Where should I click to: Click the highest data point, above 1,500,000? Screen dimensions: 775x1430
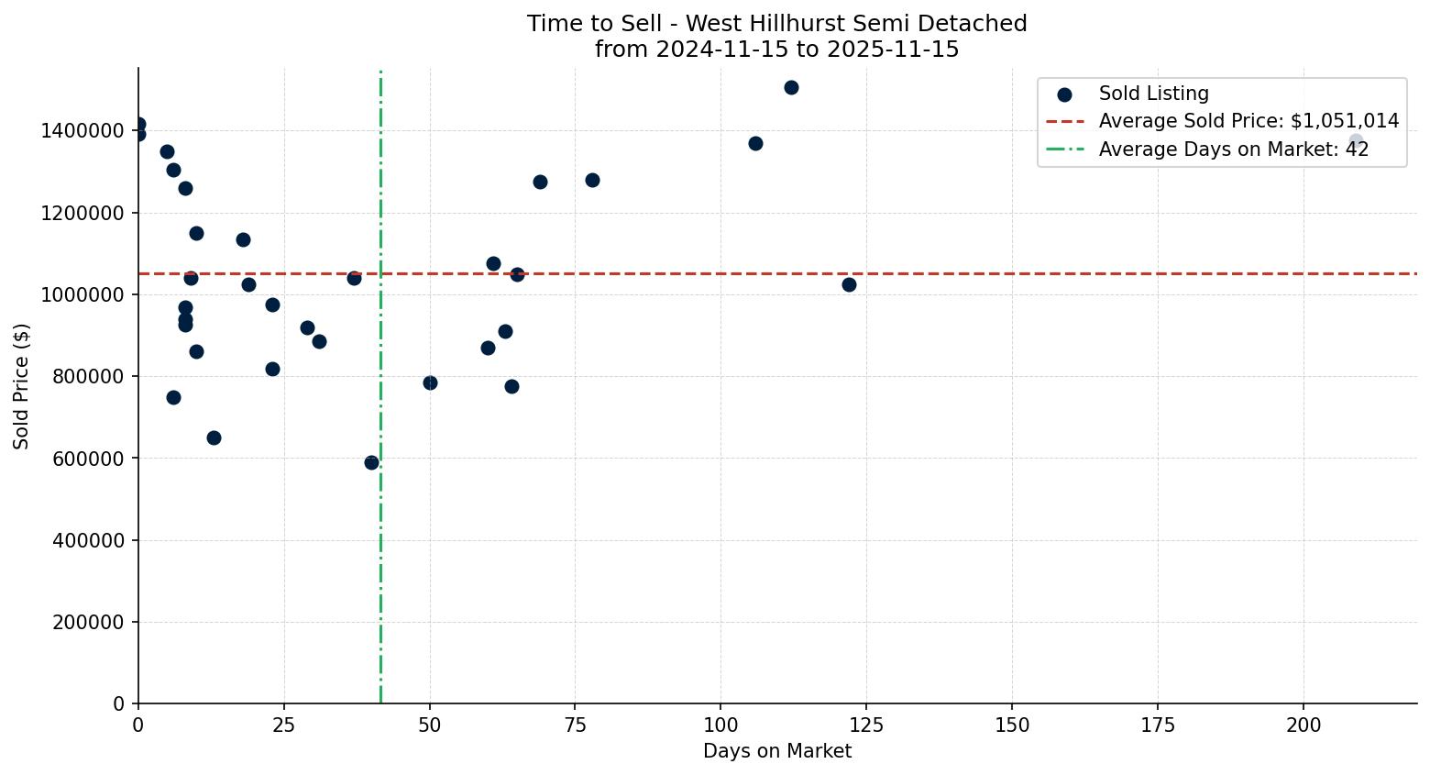click(791, 88)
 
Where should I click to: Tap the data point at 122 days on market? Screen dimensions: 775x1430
click(849, 284)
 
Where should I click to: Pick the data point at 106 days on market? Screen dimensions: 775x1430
click(755, 143)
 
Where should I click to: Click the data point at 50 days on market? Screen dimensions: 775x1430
click(430, 382)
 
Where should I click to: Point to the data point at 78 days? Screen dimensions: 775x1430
click(592, 180)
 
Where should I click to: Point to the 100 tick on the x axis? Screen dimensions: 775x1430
click(720, 725)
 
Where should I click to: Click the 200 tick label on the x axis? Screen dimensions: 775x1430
click(1303, 725)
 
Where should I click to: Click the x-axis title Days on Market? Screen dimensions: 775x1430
click(777, 751)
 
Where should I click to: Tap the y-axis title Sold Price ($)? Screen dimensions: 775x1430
click(22, 385)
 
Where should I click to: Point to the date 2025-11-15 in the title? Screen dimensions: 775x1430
click(892, 50)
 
